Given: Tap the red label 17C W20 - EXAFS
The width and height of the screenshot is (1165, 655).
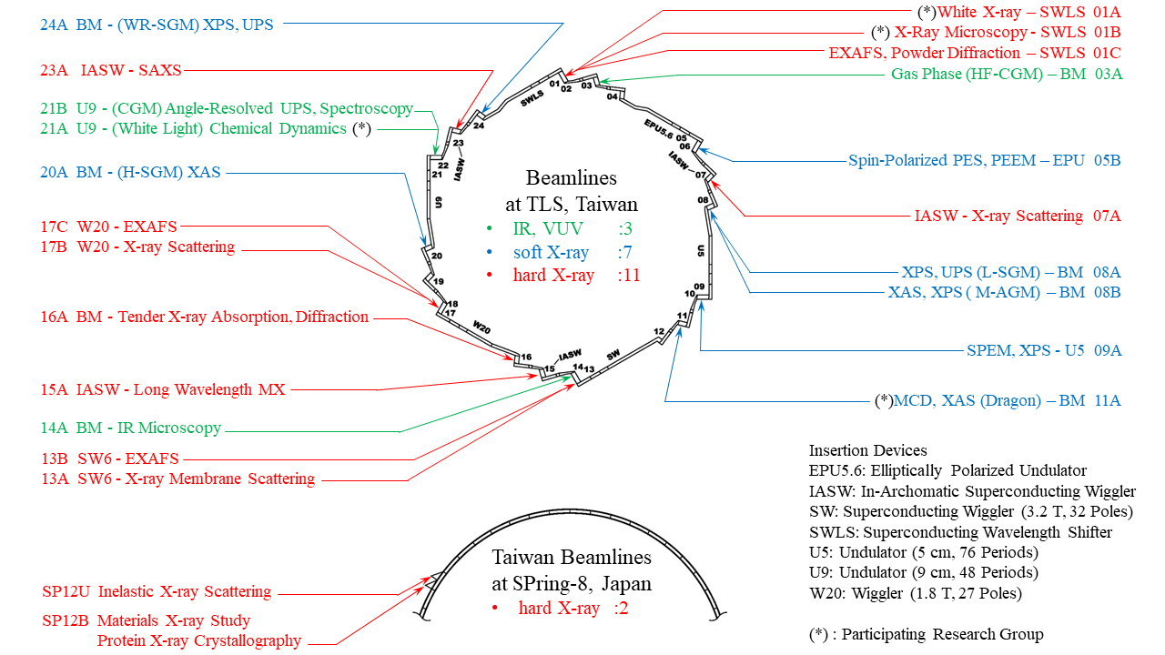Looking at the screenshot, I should pyautogui.click(x=108, y=226).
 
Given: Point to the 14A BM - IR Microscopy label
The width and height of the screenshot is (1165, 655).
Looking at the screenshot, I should pyautogui.click(x=131, y=428).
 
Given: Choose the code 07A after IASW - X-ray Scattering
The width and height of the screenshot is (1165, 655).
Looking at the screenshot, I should pyautogui.click(x=1107, y=216).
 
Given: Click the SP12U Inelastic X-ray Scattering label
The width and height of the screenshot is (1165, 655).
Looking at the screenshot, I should pyautogui.click(x=157, y=591).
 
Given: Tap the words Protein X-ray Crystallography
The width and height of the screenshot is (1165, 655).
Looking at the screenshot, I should pyautogui.click(x=199, y=640).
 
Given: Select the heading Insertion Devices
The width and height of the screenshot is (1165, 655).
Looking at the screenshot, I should pyautogui.click(x=868, y=450).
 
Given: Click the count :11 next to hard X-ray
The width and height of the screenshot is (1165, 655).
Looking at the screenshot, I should pyautogui.click(x=629, y=275).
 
